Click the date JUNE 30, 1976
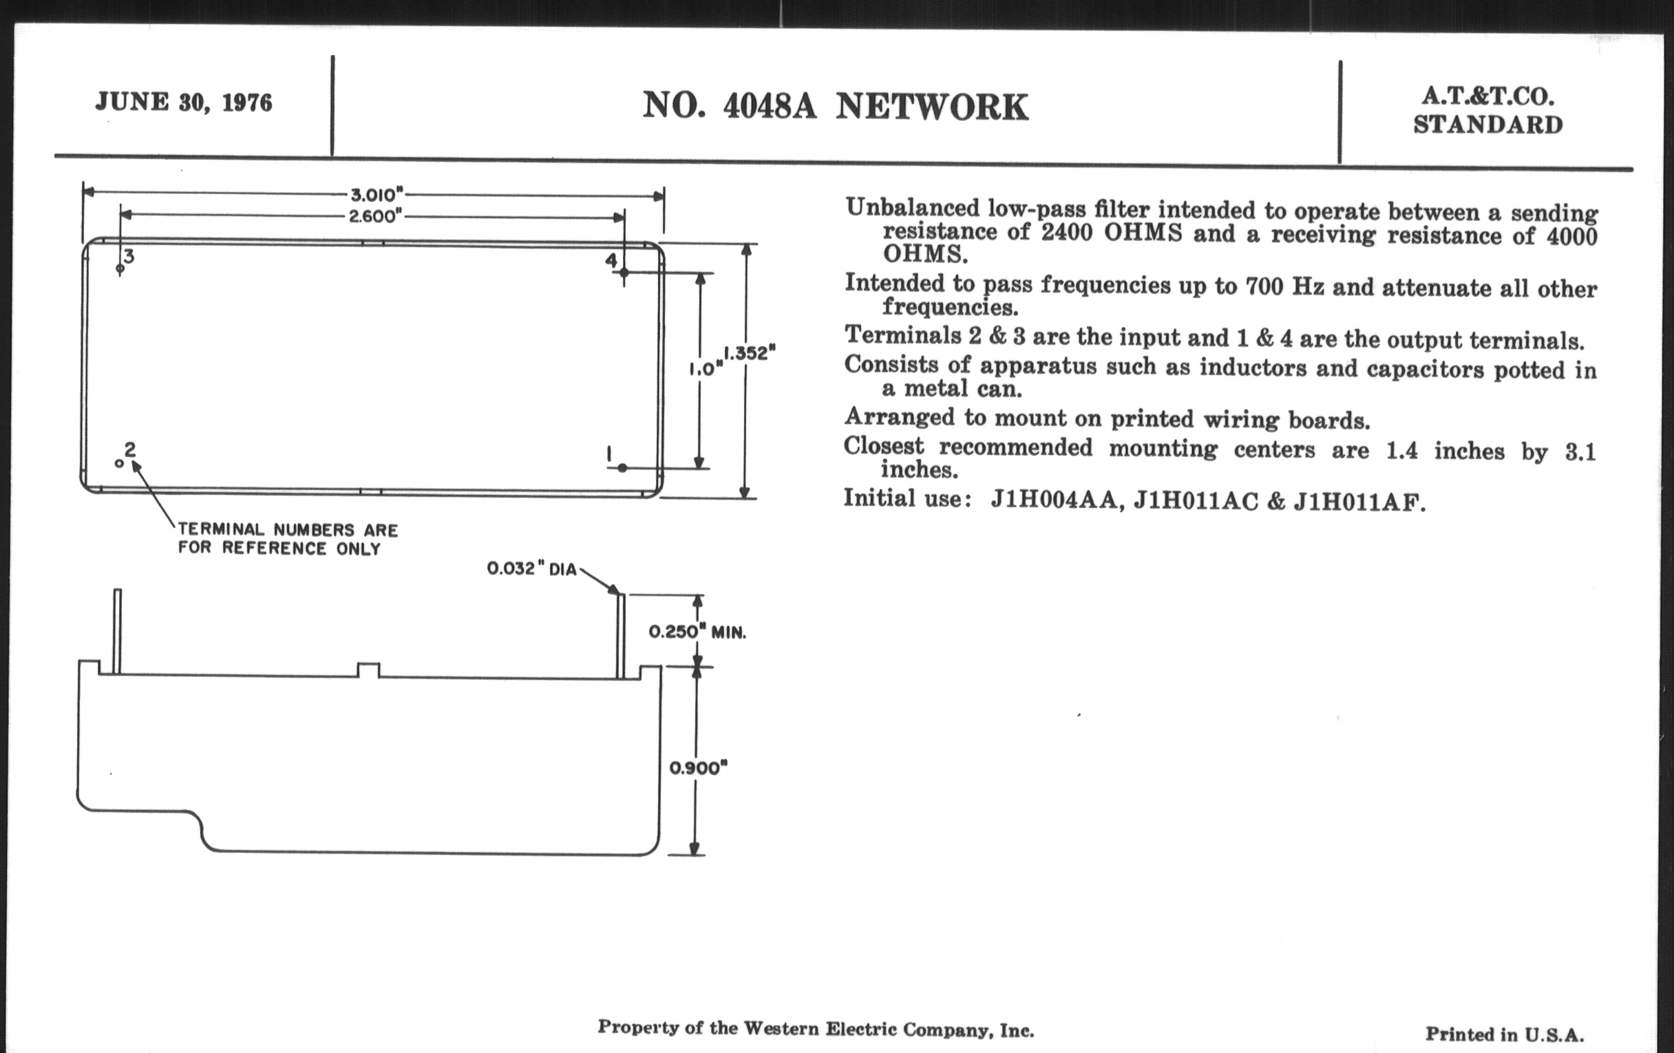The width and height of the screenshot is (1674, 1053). [x=184, y=103]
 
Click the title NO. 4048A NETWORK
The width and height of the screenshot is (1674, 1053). [x=835, y=107]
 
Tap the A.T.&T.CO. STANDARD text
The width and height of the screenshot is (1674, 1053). [x=1487, y=111]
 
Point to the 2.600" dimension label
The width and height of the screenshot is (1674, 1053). [x=375, y=216]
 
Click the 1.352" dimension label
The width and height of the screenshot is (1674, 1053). [x=750, y=353]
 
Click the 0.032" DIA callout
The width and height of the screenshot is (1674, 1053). [x=532, y=569]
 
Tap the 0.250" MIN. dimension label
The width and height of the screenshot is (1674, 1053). [x=697, y=632]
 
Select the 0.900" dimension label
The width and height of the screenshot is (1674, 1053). [x=698, y=768]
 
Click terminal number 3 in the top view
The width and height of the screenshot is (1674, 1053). [x=129, y=257]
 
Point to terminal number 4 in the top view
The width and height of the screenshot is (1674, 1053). [x=611, y=261]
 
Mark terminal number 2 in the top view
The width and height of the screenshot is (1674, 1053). [x=129, y=449]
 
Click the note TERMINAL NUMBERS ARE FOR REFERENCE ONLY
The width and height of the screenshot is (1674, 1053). [x=288, y=540]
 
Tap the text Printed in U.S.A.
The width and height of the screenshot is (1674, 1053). [x=1505, y=1035]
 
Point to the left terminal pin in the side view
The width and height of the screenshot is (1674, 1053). [x=117, y=631]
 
